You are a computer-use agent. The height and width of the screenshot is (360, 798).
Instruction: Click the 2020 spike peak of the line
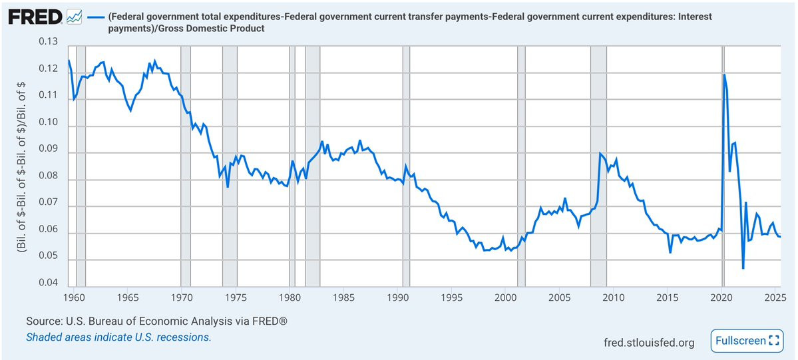(724, 75)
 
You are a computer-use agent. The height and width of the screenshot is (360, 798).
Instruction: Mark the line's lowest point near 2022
(743, 268)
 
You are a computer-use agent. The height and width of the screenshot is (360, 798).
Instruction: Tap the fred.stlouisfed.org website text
(649, 343)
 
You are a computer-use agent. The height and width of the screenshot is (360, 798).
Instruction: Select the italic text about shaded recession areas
(118, 337)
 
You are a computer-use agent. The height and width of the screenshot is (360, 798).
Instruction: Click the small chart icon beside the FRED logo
(75, 15)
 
